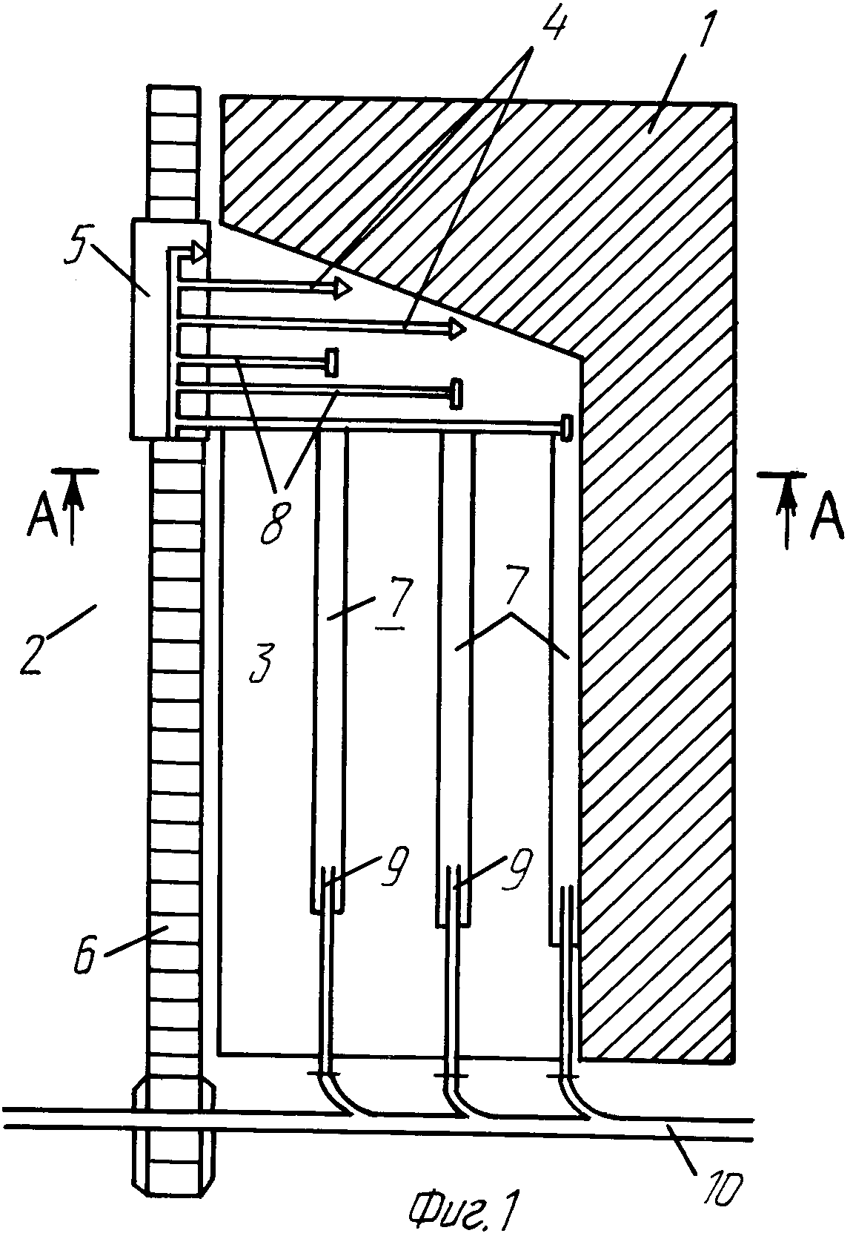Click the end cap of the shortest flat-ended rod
pos(331,363)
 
